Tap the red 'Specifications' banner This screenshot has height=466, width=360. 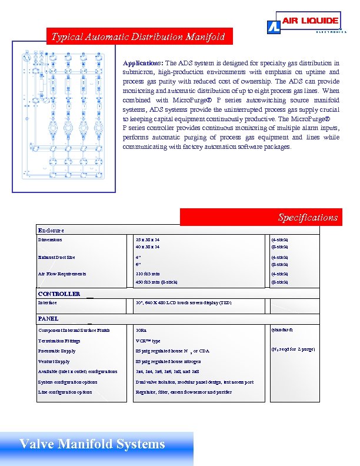click(x=261, y=217)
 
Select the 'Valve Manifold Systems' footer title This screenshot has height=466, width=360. click(x=92, y=444)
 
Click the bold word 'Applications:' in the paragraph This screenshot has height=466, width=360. click(x=143, y=63)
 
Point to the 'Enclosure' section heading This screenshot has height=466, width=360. click(x=51, y=231)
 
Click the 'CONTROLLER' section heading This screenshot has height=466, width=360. click(x=59, y=294)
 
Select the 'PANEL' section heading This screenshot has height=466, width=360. click(x=48, y=318)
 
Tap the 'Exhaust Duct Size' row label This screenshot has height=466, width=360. click(x=56, y=257)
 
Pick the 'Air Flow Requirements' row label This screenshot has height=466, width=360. click(x=62, y=274)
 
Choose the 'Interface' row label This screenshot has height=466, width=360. click(x=48, y=302)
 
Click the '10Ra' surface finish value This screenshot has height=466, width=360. click(x=141, y=331)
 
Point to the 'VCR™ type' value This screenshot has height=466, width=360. click(x=148, y=341)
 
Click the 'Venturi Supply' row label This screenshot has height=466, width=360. click(x=54, y=361)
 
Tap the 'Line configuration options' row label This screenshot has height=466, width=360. click(x=65, y=392)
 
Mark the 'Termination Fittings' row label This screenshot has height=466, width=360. click(x=59, y=341)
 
